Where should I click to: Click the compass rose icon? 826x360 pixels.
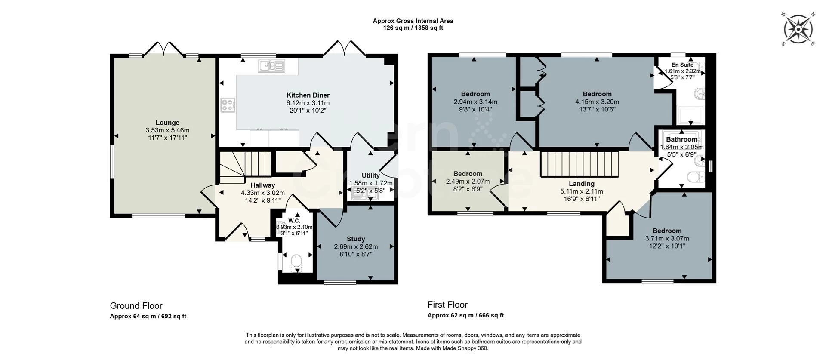click(798, 29)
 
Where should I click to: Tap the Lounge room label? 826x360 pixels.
click(167, 123)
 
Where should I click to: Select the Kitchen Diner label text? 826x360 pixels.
click(308, 95)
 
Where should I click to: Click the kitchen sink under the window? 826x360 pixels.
click(271, 66)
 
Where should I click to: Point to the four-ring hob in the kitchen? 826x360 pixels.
click(228, 105)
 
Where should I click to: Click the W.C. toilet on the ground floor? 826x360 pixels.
click(296, 262)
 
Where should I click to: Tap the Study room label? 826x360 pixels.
click(356, 239)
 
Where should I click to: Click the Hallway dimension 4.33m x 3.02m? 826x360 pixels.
click(263, 193)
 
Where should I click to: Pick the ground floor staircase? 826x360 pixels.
click(246, 166)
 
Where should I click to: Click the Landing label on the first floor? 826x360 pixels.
click(582, 184)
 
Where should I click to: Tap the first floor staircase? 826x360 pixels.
click(579, 164)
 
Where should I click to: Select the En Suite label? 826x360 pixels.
click(682, 65)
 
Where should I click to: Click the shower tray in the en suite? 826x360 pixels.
click(690, 115)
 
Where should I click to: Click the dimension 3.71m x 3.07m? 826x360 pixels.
click(667, 239)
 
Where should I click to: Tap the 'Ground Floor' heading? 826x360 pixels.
click(136, 306)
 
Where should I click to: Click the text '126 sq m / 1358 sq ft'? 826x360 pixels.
click(413, 28)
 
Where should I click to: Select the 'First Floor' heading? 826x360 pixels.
click(447, 305)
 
